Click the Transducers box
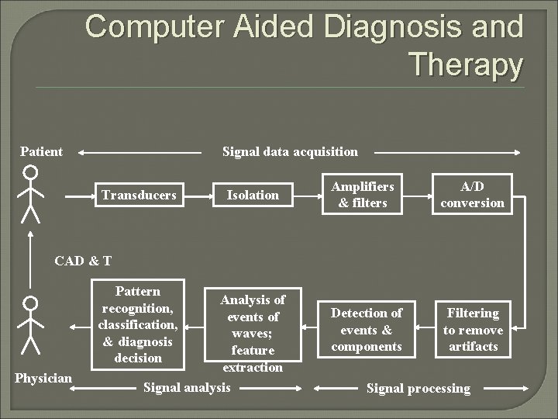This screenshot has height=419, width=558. click(x=139, y=195)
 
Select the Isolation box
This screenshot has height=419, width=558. click(x=253, y=195)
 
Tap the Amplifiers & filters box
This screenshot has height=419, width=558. click(x=363, y=195)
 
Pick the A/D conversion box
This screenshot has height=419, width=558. click(x=472, y=194)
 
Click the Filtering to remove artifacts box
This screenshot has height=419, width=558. click(x=473, y=330)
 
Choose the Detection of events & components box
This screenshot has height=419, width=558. click(x=367, y=330)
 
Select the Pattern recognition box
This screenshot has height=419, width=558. click(x=138, y=324)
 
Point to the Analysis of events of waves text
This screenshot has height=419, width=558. click(x=253, y=333)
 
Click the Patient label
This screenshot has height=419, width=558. click(x=42, y=151)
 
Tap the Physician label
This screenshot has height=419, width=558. click(x=43, y=378)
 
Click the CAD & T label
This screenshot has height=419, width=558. click(x=83, y=261)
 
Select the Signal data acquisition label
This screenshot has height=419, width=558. click(x=290, y=151)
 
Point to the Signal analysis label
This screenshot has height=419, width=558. click(x=187, y=386)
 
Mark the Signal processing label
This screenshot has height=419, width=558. click(x=418, y=388)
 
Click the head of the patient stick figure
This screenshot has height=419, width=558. click(x=29, y=171)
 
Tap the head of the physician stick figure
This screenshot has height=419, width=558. click(x=30, y=303)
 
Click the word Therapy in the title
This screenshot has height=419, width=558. click(x=465, y=64)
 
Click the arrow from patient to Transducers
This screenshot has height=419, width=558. click(x=78, y=196)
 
